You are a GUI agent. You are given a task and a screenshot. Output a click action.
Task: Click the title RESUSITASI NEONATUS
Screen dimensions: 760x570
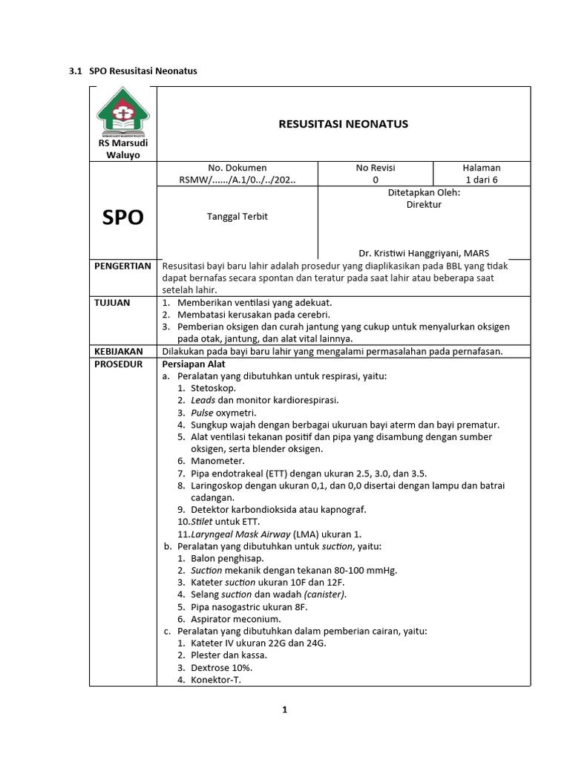click(x=343, y=124)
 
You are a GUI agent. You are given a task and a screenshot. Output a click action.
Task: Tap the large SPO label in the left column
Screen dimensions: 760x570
click(x=122, y=217)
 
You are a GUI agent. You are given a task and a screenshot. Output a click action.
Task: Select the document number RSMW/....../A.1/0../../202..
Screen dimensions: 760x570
click(x=238, y=180)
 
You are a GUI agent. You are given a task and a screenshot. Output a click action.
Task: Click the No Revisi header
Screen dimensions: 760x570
click(x=376, y=168)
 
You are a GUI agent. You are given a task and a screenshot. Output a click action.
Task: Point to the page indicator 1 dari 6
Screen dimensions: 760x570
click(x=482, y=180)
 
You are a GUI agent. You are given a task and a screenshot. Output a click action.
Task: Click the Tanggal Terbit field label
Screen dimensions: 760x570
click(x=237, y=217)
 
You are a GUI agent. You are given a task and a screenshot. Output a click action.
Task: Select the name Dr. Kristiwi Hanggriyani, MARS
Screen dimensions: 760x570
click(x=424, y=252)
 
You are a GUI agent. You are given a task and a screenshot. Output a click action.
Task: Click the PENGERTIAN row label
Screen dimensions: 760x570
click(x=122, y=266)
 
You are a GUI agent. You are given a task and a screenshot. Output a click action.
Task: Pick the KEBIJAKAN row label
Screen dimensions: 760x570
click(x=118, y=351)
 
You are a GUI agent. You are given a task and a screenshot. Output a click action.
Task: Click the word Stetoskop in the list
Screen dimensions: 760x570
click(x=213, y=387)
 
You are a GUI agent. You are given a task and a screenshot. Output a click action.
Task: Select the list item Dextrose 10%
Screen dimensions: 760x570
click(x=220, y=666)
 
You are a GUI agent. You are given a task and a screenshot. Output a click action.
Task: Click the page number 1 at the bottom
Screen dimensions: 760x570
click(x=284, y=710)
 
